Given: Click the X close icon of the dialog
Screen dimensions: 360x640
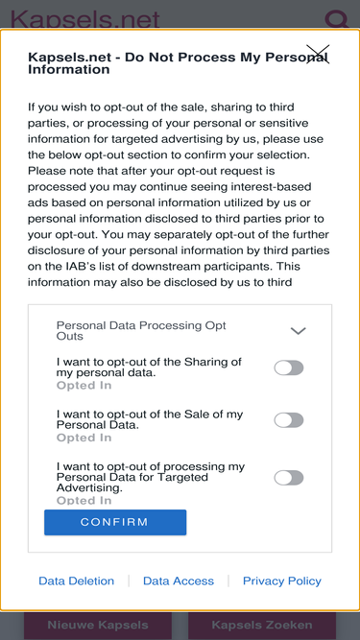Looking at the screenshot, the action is coord(318,55).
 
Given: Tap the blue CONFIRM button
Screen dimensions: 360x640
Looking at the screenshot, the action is coord(115,522).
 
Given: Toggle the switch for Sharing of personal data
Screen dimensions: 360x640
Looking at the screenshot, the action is coord(289,367).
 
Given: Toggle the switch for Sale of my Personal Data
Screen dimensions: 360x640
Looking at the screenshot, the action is coord(289,420).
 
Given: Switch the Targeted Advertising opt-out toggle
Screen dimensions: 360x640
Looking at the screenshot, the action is coord(289,478).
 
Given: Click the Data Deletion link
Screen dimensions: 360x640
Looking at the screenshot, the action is coord(77,581).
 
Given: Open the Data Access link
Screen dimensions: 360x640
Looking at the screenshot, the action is coord(179,581).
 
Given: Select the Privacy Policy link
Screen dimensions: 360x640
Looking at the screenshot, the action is coord(282,581).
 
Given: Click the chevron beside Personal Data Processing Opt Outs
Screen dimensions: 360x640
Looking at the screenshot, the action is coord(298,331).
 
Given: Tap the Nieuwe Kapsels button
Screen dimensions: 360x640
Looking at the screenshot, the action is coord(98,625).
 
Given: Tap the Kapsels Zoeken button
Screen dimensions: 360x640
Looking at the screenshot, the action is coord(262,625).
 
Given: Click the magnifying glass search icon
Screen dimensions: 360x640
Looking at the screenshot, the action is coord(336,19).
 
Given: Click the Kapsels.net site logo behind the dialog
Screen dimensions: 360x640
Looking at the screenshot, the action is coord(84,19).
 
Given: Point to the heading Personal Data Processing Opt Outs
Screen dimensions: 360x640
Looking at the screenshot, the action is coord(141,331).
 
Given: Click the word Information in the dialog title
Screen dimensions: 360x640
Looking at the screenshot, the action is coord(68,69).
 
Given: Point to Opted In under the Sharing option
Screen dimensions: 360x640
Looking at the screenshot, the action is coord(84,386).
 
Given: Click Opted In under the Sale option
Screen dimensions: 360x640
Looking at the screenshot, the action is coord(84,438).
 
